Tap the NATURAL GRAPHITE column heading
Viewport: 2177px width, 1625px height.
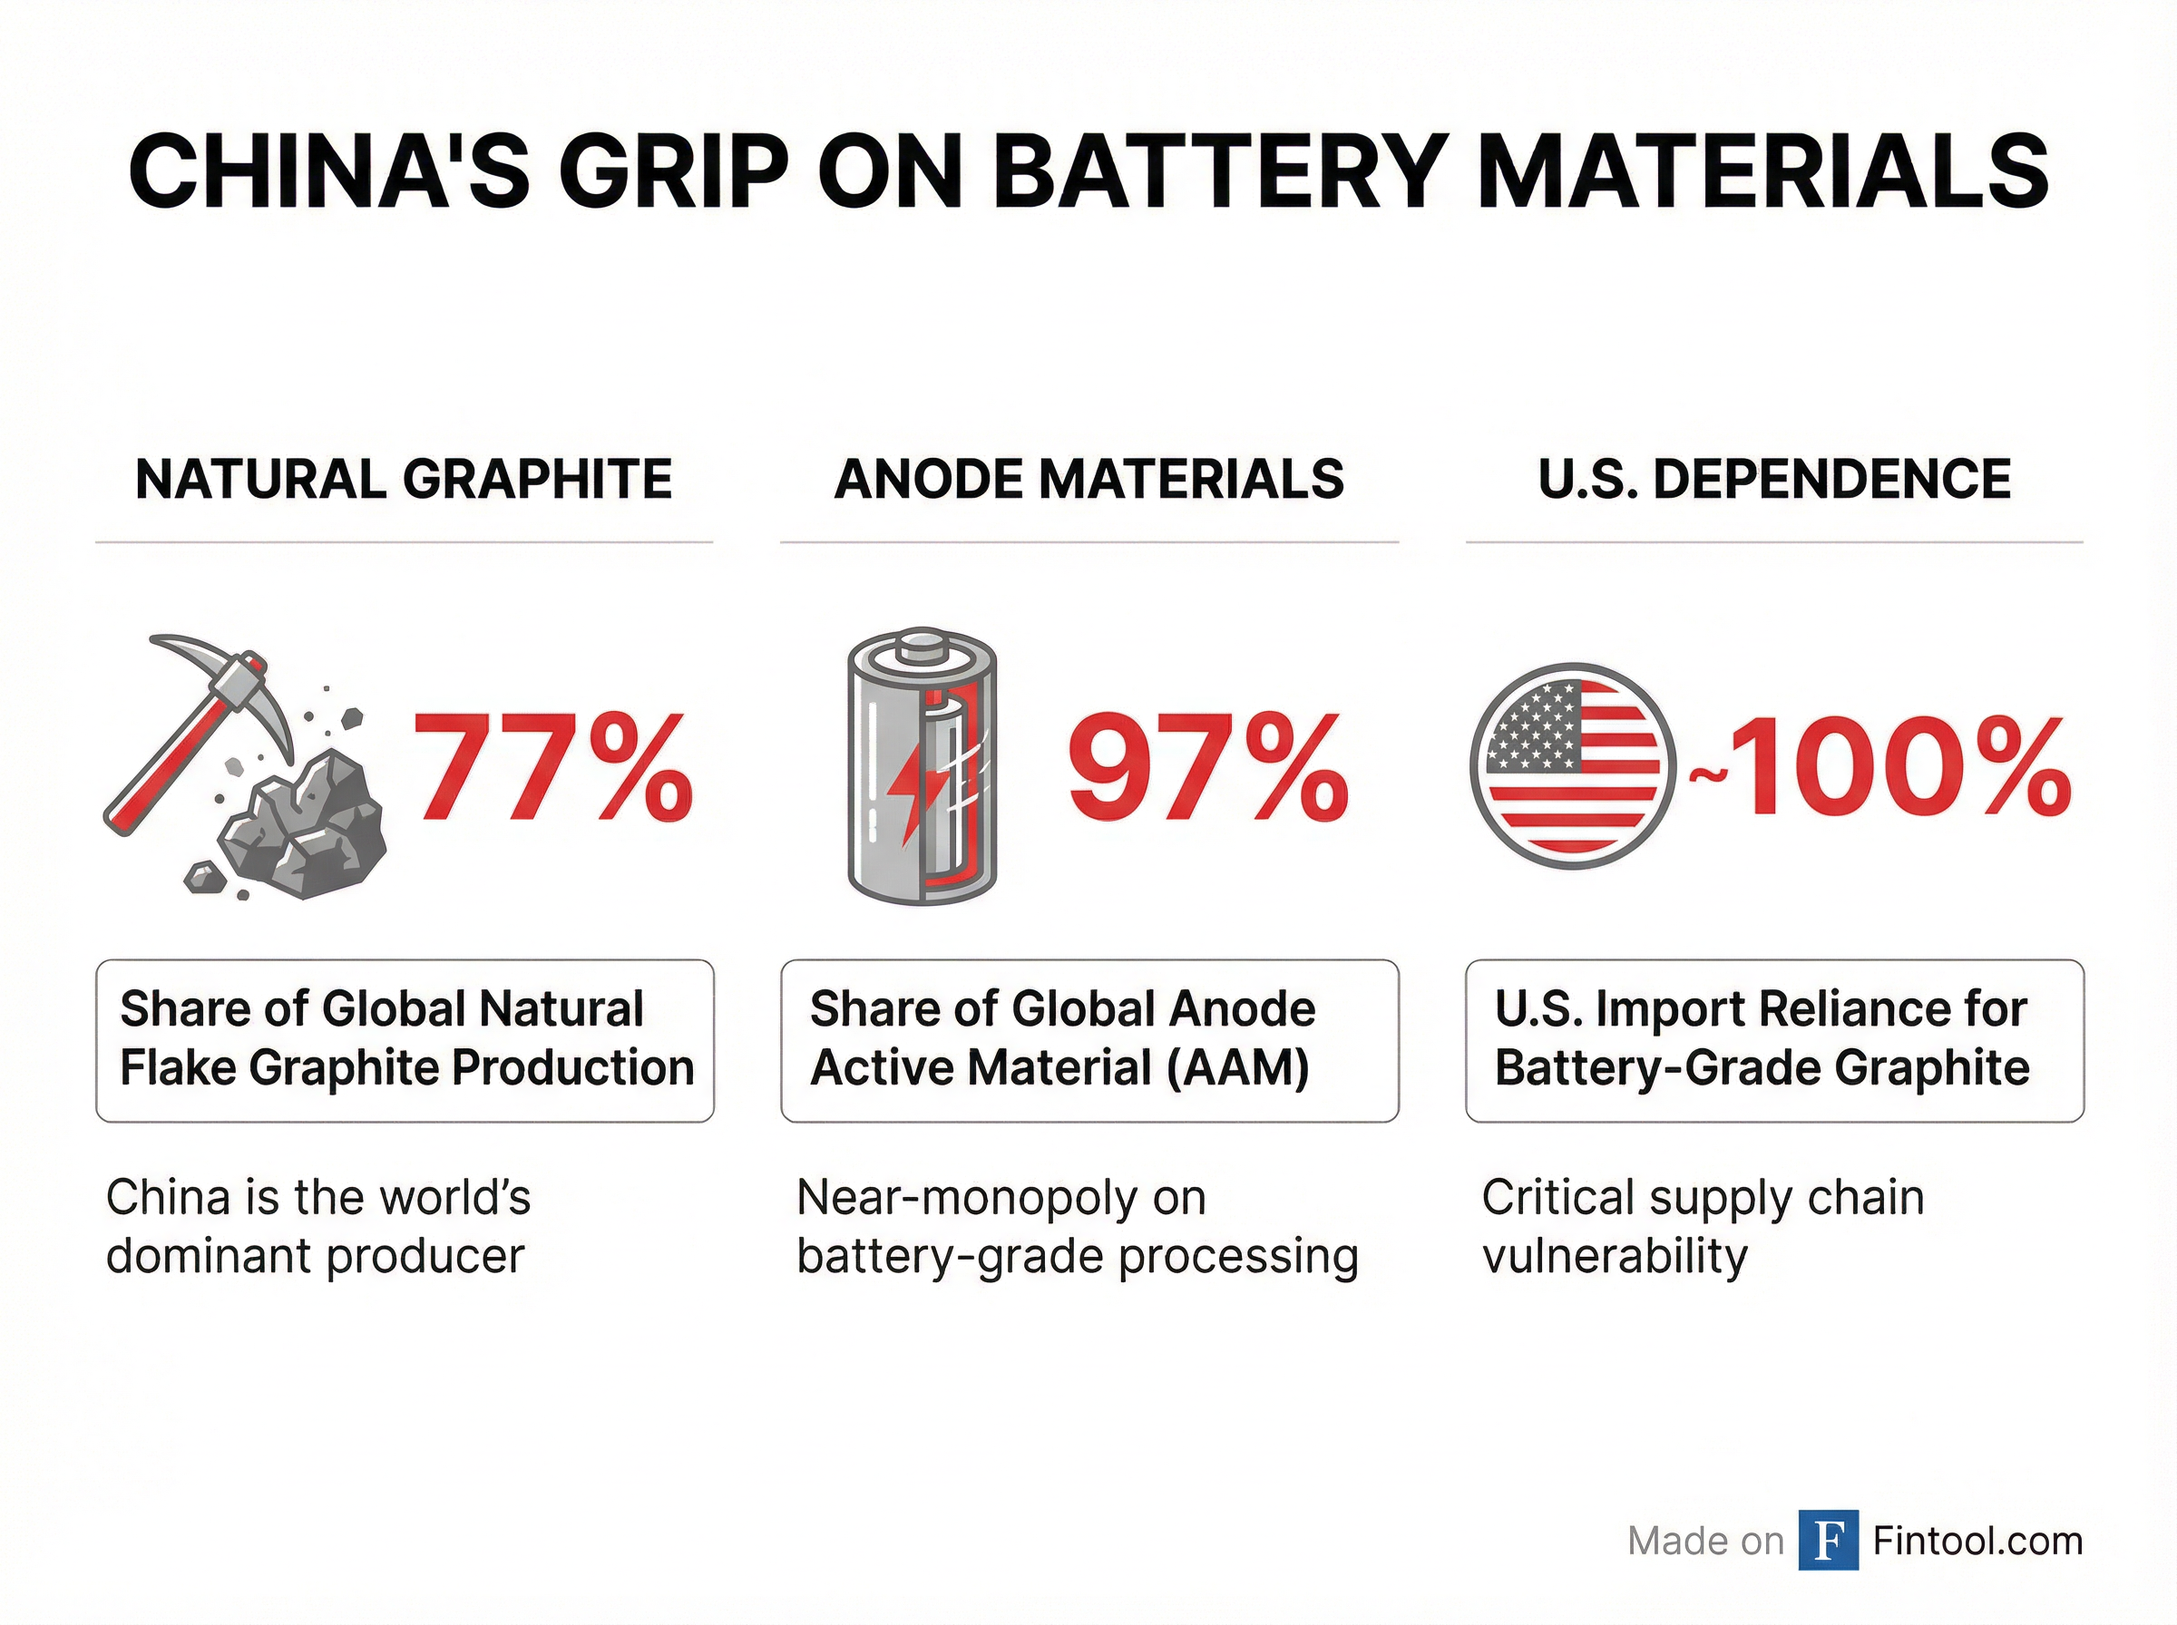point(404,479)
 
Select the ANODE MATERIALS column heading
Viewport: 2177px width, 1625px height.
point(1089,479)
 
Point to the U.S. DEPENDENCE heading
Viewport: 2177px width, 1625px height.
point(1773,479)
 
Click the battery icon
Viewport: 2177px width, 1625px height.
point(922,766)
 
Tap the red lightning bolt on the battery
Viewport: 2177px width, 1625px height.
point(907,797)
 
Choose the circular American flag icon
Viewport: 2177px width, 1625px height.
point(1571,766)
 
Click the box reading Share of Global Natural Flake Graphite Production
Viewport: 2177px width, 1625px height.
point(405,1040)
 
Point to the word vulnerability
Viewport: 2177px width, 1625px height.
point(1615,1256)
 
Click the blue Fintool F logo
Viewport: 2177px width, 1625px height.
point(1828,1540)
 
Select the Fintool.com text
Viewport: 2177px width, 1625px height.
point(1977,1541)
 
